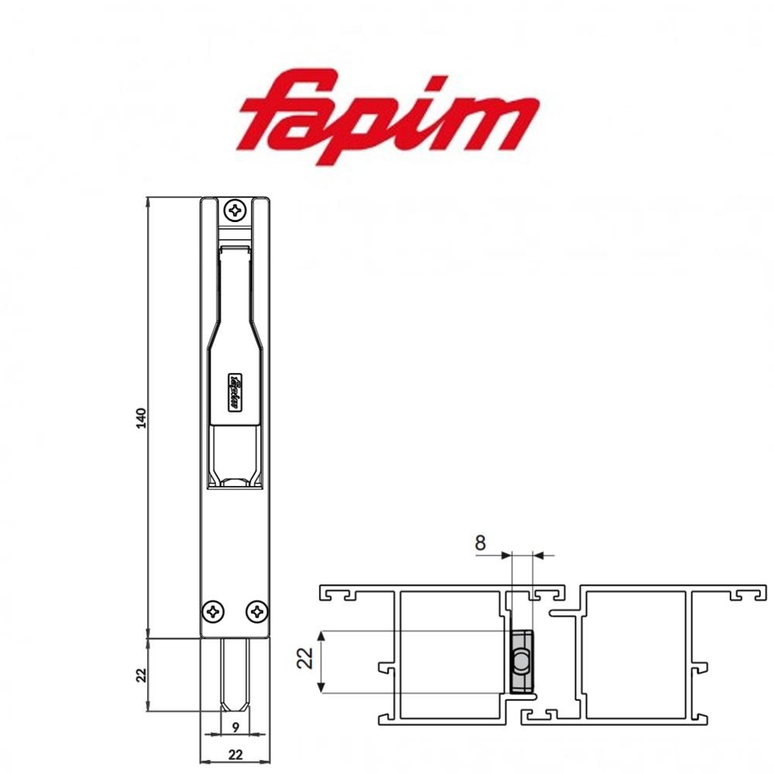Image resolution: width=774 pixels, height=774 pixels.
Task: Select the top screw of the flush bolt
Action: pos(235,210)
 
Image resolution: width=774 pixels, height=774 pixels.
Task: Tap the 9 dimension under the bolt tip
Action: pos(235,727)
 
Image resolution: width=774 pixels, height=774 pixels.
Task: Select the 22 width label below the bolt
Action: pos(235,752)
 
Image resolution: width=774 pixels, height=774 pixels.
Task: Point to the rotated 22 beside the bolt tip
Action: pos(140,674)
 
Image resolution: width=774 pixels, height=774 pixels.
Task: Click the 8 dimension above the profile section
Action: pos(481,543)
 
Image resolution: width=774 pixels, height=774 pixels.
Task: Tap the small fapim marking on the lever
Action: pos(235,392)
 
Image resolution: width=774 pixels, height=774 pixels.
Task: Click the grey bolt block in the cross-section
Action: pos(522,662)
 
